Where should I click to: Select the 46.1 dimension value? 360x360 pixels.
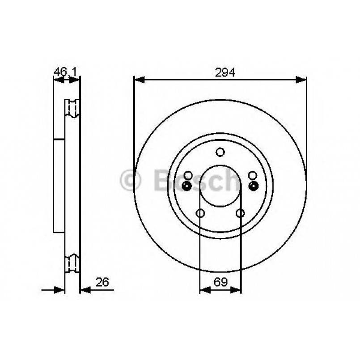[x=64, y=71]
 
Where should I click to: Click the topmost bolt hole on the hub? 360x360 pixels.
[x=220, y=152]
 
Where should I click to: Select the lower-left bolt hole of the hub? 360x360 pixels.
[x=200, y=213]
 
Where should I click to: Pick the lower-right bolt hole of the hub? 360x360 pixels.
[x=240, y=213]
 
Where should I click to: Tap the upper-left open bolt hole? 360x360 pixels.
[x=188, y=175]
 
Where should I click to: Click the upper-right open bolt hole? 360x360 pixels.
[x=253, y=175]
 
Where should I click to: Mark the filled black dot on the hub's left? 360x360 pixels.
[x=188, y=186]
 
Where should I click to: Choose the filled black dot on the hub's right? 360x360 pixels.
[x=253, y=186]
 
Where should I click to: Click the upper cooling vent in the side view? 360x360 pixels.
[x=72, y=109]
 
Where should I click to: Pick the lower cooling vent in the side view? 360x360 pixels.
[x=72, y=263]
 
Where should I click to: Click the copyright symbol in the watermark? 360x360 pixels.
[x=131, y=181]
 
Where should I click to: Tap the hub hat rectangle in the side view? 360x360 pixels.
[x=59, y=186]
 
